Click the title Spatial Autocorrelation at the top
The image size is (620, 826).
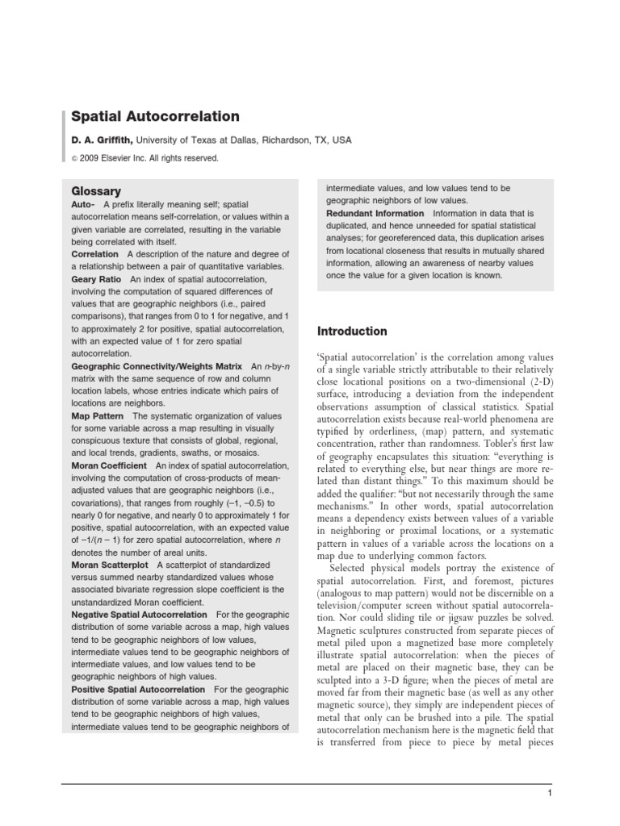[x=155, y=117]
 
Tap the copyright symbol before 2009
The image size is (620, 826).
[x=75, y=159]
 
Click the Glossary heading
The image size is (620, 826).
[x=96, y=191]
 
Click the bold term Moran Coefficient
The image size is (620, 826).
[x=109, y=465]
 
